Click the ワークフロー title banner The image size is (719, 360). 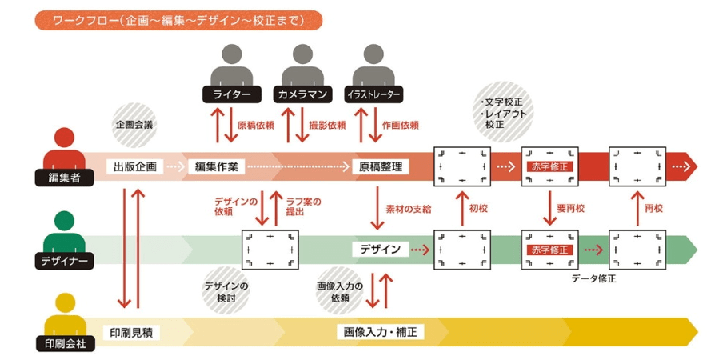178,20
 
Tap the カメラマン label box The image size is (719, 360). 301,94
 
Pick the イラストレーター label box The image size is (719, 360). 373,94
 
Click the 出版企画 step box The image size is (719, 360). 134,167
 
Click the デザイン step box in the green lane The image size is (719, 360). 380,249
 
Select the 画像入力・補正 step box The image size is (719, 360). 383,331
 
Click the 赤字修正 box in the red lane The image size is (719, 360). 549,167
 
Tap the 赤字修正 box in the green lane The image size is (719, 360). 549,250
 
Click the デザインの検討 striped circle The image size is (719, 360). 226,291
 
